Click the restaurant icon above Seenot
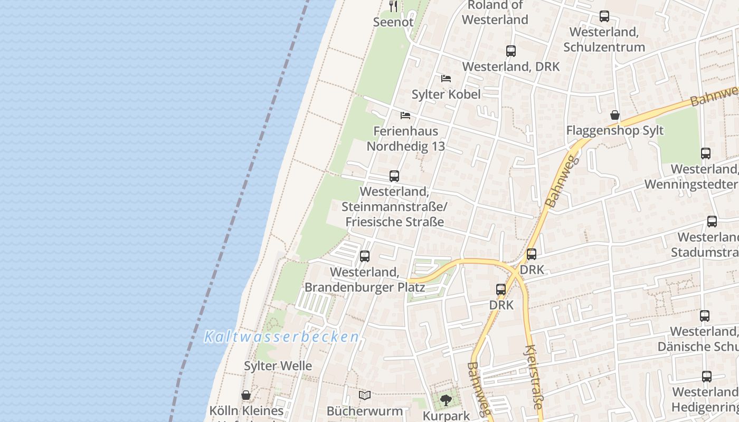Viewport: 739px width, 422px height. click(x=393, y=6)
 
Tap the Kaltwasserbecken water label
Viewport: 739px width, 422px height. click(x=281, y=337)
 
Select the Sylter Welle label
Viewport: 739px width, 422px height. click(x=278, y=366)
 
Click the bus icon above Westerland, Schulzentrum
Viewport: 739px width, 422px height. click(x=604, y=17)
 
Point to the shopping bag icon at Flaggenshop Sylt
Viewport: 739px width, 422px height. click(x=615, y=115)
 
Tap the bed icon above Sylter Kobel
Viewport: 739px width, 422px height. click(x=446, y=79)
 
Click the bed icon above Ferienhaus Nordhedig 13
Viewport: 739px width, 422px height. click(x=405, y=116)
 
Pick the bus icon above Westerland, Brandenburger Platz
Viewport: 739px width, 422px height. click(x=365, y=257)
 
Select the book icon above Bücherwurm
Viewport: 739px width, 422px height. click(x=365, y=395)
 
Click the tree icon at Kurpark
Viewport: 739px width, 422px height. click(x=446, y=400)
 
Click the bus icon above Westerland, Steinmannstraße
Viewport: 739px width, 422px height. click(x=394, y=176)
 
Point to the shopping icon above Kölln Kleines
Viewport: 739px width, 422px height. click(x=246, y=395)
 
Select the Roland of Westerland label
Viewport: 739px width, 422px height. click(x=495, y=13)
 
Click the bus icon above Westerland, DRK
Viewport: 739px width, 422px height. click(x=511, y=51)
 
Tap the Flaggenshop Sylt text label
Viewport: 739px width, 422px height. click(x=615, y=131)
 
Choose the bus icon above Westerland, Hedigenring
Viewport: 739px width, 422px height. click(x=707, y=377)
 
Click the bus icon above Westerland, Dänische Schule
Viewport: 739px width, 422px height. click(x=705, y=316)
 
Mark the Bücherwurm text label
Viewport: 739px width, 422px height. click(x=365, y=411)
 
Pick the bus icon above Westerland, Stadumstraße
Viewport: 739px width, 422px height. click(x=712, y=222)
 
